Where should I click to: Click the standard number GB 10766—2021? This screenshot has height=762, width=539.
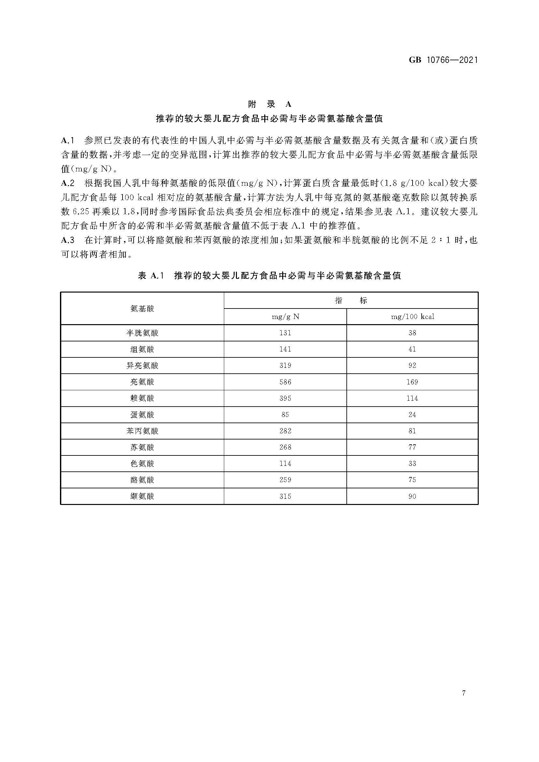[x=443, y=60]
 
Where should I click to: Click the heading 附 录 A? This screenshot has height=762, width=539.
[x=269, y=104]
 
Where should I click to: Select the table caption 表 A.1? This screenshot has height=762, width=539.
[x=151, y=276]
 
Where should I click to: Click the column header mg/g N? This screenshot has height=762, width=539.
[x=285, y=317]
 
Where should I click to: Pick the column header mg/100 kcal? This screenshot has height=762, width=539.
[x=412, y=317]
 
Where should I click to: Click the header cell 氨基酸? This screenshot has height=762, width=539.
[x=142, y=309]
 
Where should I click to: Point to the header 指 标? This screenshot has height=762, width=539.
[x=351, y=301]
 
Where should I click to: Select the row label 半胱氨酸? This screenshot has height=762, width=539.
[x=142, y=333]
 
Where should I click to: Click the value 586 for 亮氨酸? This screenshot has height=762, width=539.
[x=285, y=382]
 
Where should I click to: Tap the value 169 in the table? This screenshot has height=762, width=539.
[x=412, y=382]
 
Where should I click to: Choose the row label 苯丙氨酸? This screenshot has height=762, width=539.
[x=142, y=431]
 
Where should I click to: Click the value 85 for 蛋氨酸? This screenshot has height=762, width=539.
[x=285, y=415]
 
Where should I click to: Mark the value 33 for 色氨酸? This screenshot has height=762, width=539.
[x=412, y=464]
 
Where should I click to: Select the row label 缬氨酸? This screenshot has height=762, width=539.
[x=142, y=496]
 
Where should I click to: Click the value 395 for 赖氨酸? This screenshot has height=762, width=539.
[x=285, y=398]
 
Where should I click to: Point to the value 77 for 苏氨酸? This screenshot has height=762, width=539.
[x=412, y=447]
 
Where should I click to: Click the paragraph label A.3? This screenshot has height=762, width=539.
[x=68, y=240]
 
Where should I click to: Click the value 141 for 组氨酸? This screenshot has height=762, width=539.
[x=285, y=349]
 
